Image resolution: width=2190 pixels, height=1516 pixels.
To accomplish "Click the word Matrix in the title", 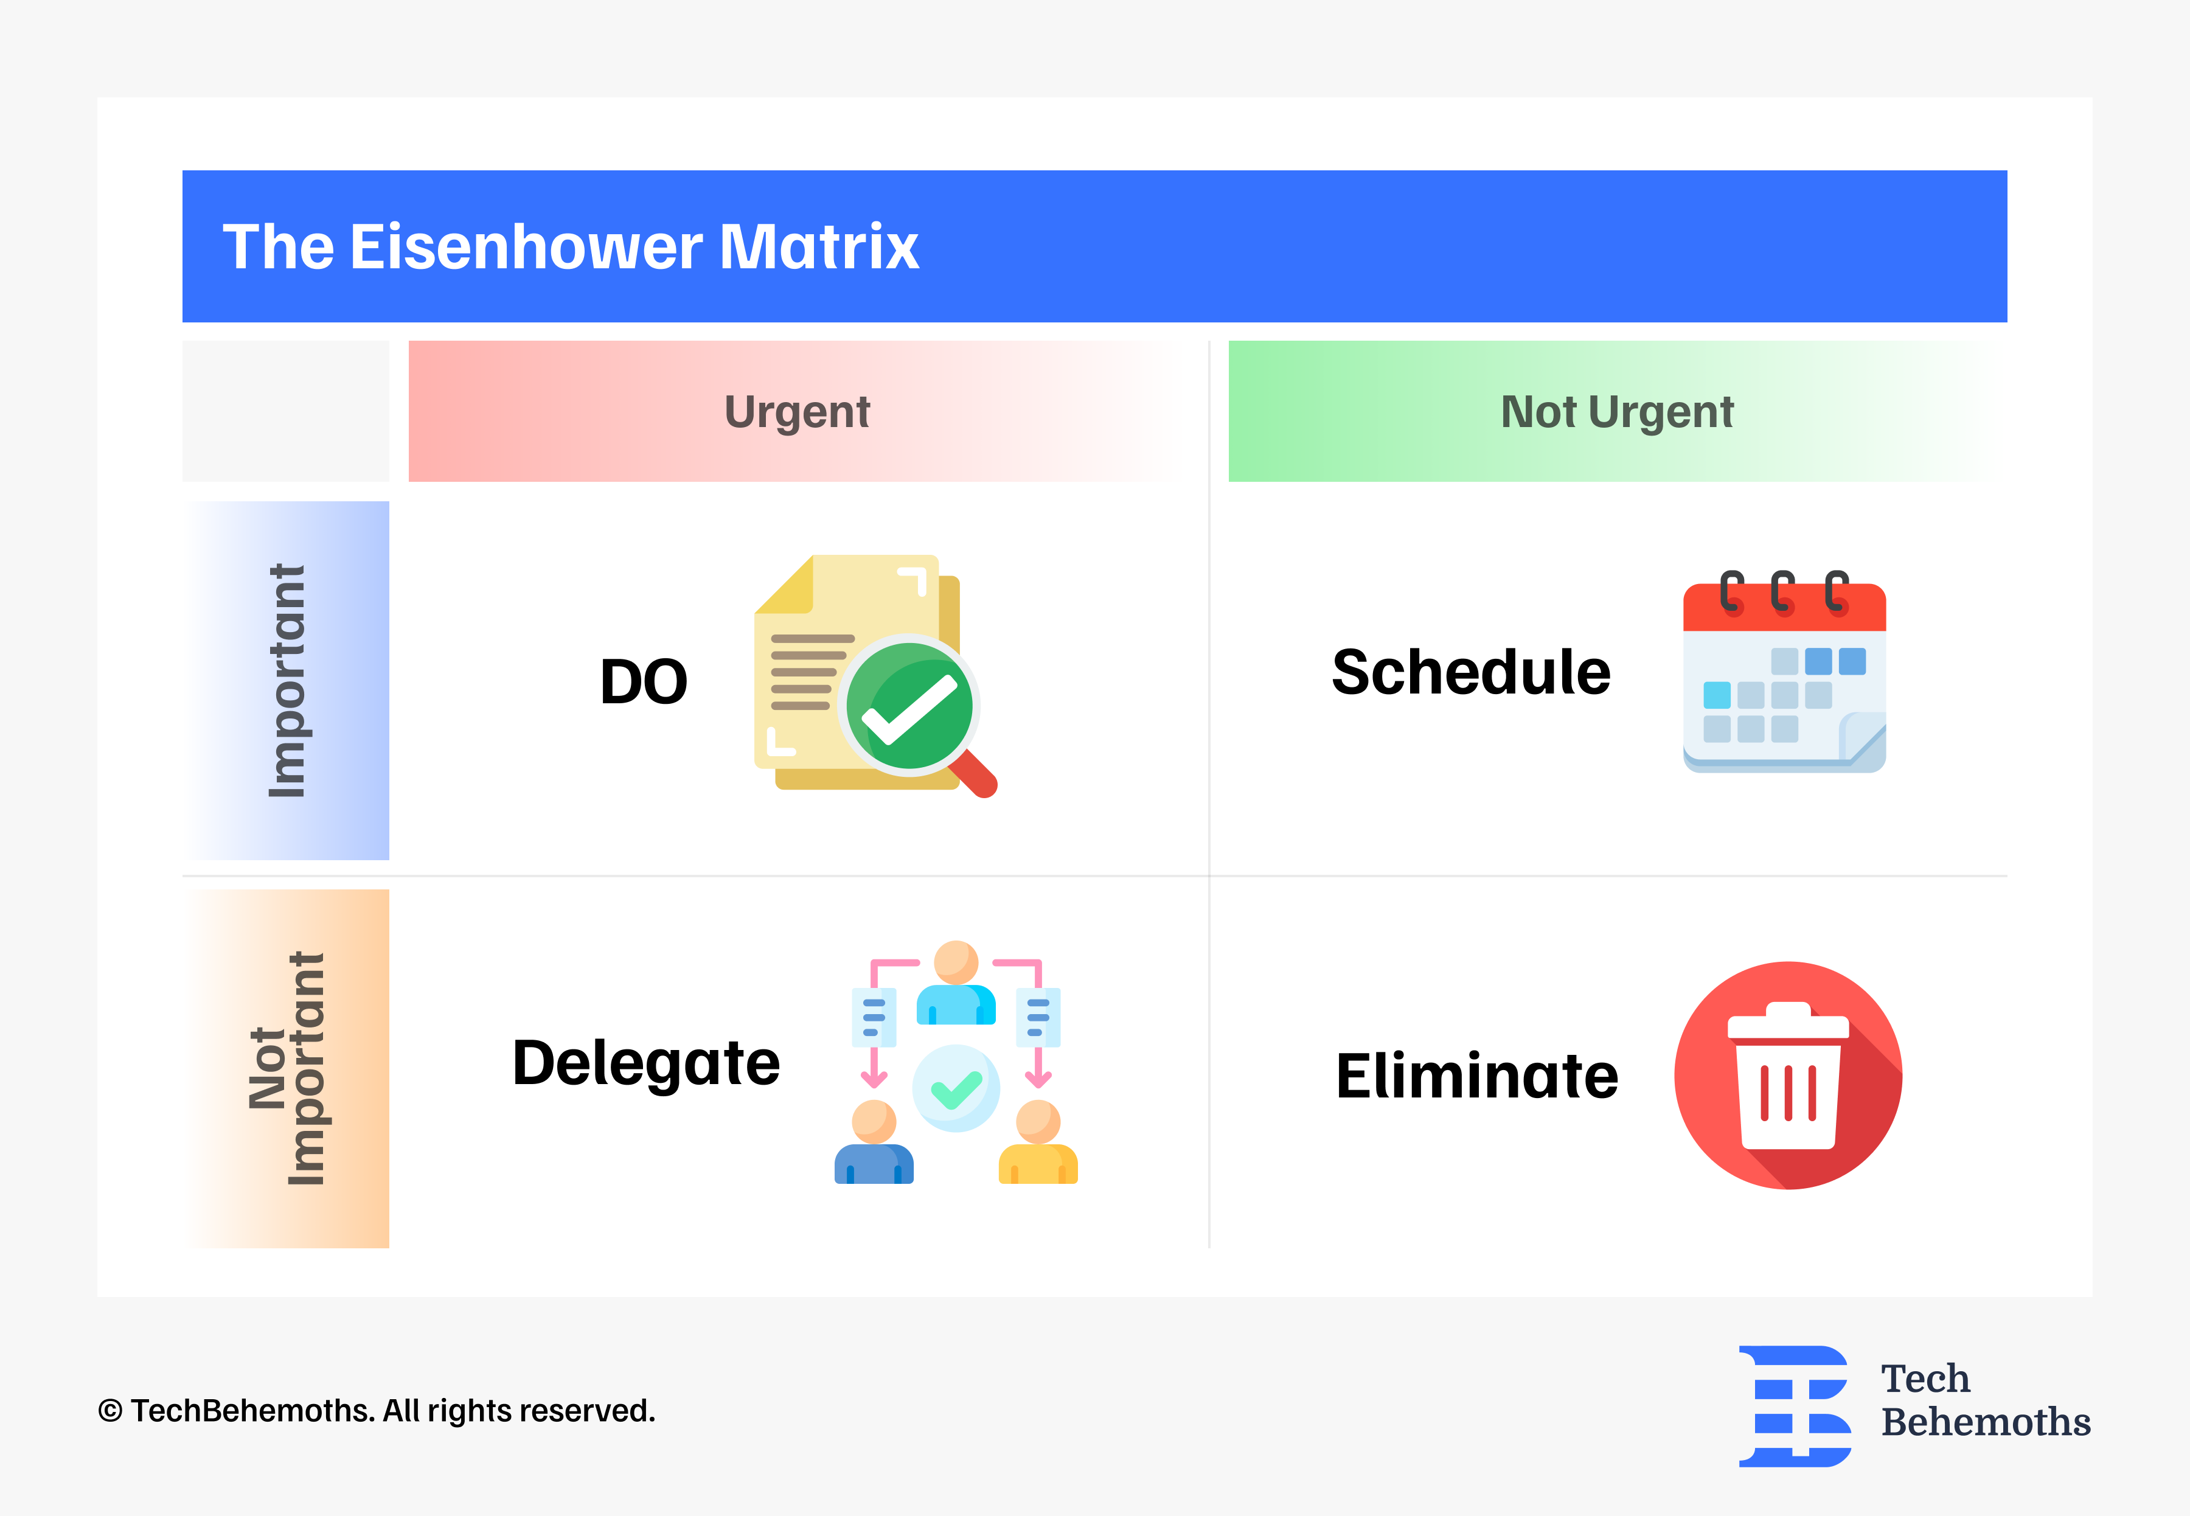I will tap(819, 247).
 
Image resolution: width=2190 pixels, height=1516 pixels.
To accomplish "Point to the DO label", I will tap(643, 682).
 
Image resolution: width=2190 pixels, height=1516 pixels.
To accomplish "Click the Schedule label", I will tap(1470, 672).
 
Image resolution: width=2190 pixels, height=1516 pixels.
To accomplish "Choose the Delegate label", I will tap(646, 1062).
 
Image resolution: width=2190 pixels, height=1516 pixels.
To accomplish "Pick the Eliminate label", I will tap(1476, 1076).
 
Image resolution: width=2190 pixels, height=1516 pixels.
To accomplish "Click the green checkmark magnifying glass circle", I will tap(909, 706).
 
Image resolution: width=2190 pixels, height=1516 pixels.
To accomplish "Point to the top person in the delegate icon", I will tap(956, 983).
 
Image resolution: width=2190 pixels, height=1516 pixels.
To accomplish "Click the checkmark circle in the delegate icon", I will tap(956, 1088).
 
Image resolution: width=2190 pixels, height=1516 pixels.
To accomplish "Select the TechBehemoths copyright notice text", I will tap(376, 1411).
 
